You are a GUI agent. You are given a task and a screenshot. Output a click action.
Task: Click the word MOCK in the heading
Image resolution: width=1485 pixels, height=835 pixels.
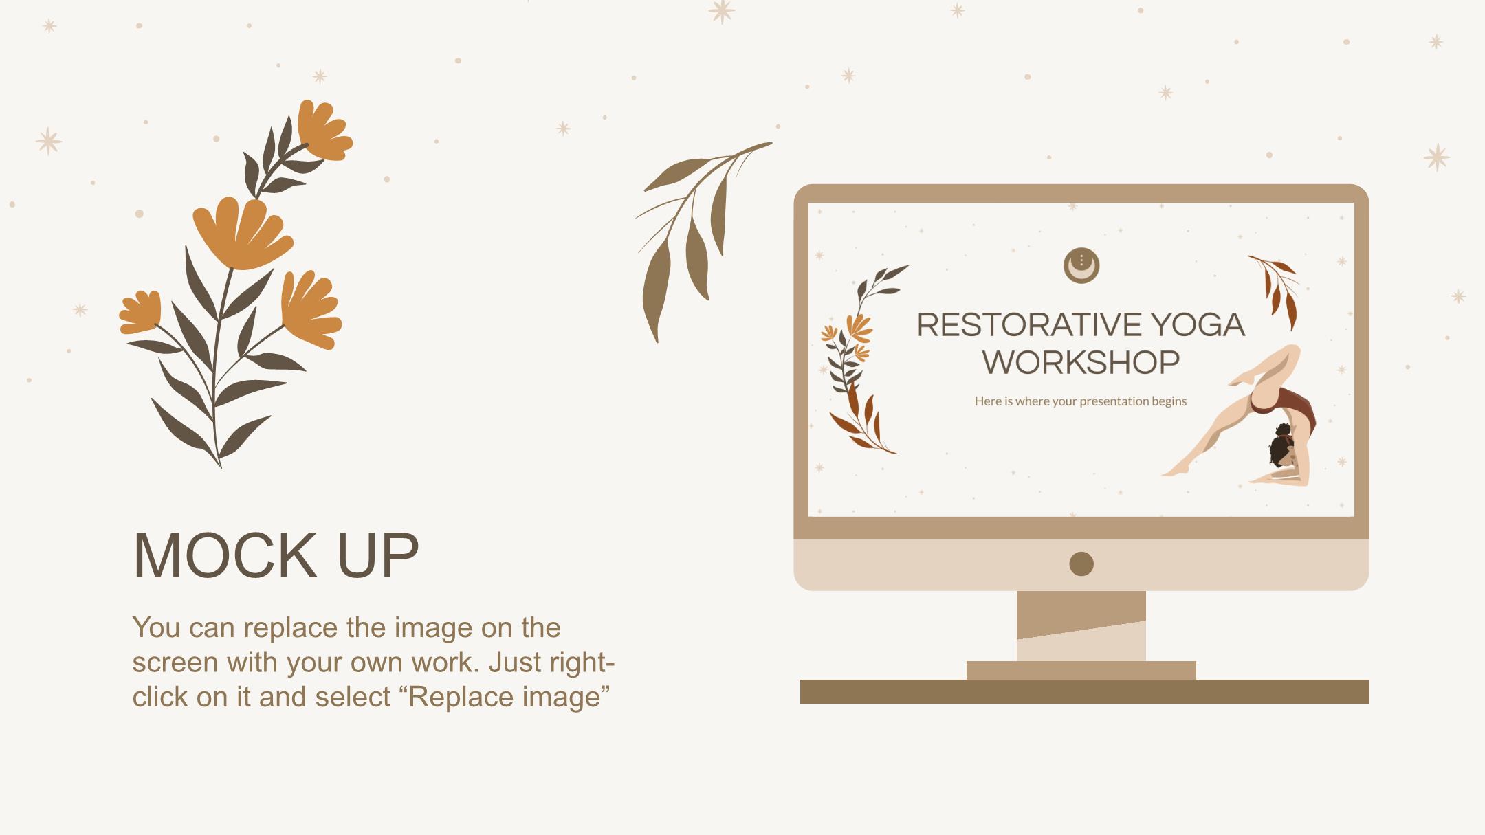click(x=225, y=555)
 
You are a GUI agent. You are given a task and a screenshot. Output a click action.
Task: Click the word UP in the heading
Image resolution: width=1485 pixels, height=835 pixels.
click(x=378, y=555)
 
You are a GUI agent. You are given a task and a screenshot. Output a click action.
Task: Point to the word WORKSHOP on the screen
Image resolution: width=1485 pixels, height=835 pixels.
click(x=1081, y=362)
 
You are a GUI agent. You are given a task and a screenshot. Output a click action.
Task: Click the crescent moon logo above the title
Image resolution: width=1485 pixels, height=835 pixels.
click(x=1081, y=265)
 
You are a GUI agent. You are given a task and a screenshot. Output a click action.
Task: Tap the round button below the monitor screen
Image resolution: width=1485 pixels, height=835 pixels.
click(x=1081, y=564)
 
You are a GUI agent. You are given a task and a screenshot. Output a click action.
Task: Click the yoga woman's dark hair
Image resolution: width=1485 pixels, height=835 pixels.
click(x=1280, y=447)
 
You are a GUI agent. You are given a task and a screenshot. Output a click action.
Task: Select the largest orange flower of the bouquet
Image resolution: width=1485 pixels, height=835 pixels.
click(x=242, y=234)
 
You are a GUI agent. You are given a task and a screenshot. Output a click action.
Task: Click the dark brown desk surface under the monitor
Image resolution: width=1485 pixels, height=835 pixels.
click(x=1084, y=691)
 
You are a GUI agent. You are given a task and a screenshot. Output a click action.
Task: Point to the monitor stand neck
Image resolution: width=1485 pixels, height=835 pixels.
click(x=1081, y=625)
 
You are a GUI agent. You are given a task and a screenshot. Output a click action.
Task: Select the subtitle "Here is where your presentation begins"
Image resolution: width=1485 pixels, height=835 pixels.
click(x=1081, y=401)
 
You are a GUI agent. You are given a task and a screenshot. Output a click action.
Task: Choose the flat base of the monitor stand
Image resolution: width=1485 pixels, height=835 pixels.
click(x=1081, y=670)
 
